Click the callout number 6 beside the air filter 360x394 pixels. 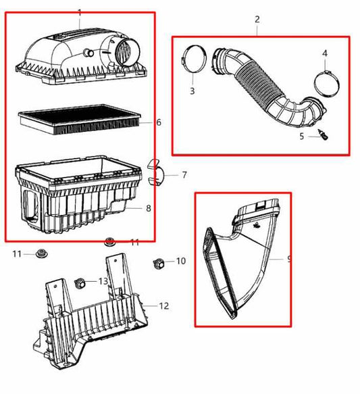(x=159, y=122)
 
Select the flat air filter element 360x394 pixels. (x=79, y=120)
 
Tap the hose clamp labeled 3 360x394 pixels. (x=194, y=59)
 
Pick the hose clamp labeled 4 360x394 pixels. (x=327, y=84)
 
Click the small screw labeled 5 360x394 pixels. (x=324, y=134)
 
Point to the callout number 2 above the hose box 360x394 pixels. (x=257, y=20)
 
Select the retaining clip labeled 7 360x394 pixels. (x=155, y=172)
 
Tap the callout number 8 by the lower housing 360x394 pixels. (x=149, y=208)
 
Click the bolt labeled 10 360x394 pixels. (x=159, y=264)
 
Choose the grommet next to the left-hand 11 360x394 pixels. (x=40, y=253)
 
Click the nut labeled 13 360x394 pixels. (x=80, y=283)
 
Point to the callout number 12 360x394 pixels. (x=163, y=305)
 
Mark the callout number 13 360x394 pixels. (x=103, y=281)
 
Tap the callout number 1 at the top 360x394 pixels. (x=80, y=13)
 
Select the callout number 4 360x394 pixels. (x=325, y=53)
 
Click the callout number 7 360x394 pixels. (x=184, y=174)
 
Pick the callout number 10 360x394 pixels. (x=180, y=261)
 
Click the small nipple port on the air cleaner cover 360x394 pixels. (x=88, y=53)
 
